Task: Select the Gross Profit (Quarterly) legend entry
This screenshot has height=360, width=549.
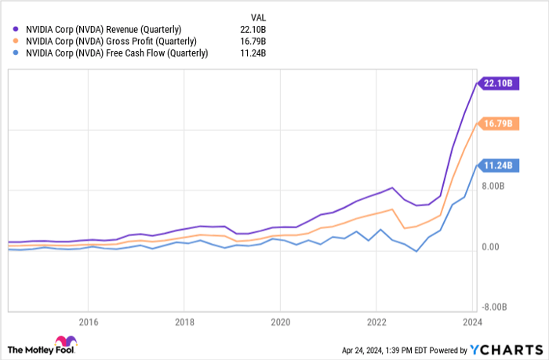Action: tap(110, 41)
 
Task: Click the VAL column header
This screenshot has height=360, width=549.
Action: tap(257, 15)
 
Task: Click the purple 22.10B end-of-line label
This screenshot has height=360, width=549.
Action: tap(497, 82)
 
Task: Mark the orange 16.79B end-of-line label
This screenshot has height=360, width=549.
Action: tap(497, 123)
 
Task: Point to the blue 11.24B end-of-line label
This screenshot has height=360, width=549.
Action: tap(497, 165)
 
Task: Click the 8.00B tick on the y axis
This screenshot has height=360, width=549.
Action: tap(492, 186)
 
